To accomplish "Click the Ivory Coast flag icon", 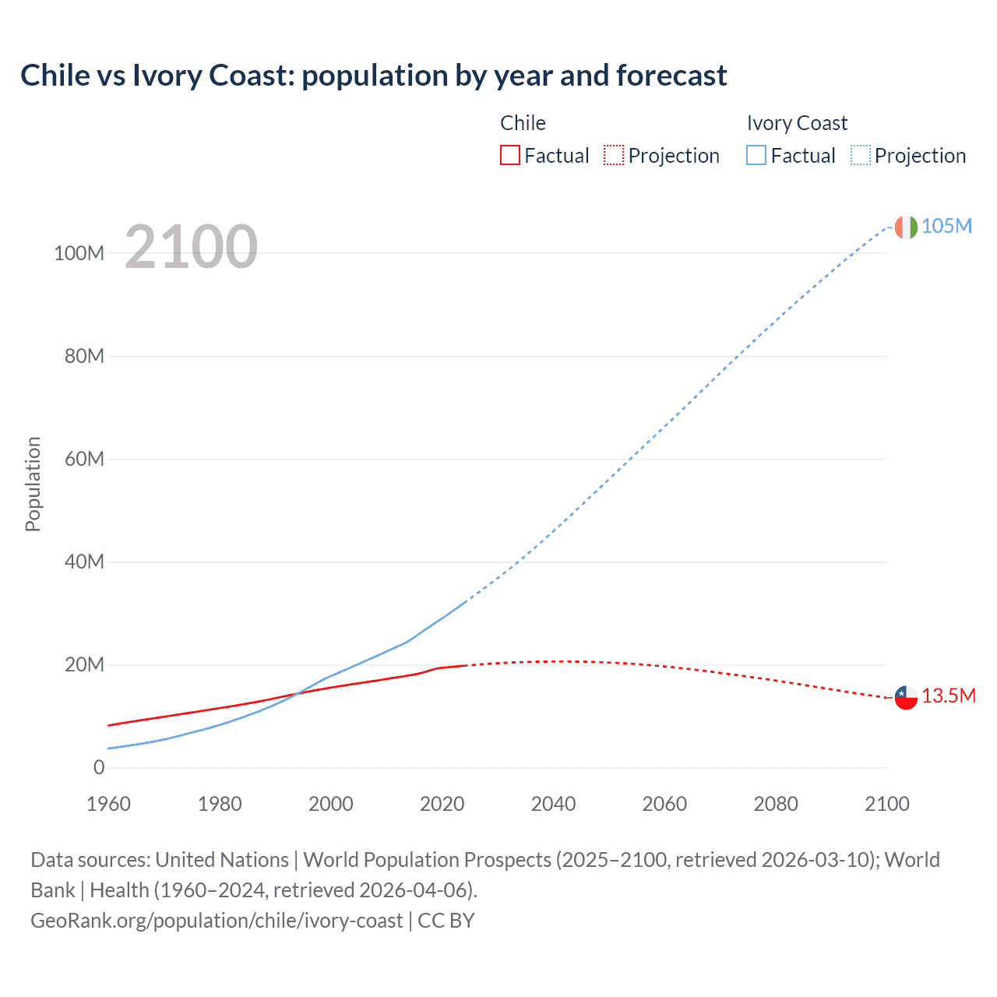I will point(906,227).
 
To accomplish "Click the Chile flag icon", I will point(906,697).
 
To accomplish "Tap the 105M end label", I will point(946,226).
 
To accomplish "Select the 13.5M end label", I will point(948,696).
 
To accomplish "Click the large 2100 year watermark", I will point(191,247).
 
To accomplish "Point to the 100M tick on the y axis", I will point(79,253).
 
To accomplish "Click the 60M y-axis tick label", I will point(84,459).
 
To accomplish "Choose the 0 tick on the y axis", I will point(99,767).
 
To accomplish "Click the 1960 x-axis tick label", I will point(108,804).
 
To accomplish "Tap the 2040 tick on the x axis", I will point(553,804).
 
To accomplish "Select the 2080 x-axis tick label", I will point(776,804).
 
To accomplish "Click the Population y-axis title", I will point(33,484).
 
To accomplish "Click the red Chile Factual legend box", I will point(509,156).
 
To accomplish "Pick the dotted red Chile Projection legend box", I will point(614,156).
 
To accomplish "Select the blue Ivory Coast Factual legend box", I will point(756,156).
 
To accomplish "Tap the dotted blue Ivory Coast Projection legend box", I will point(860,156).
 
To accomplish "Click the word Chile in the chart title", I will point(55,76).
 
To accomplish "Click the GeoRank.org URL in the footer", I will point(217,921).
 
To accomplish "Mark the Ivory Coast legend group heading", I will point(797,123).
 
